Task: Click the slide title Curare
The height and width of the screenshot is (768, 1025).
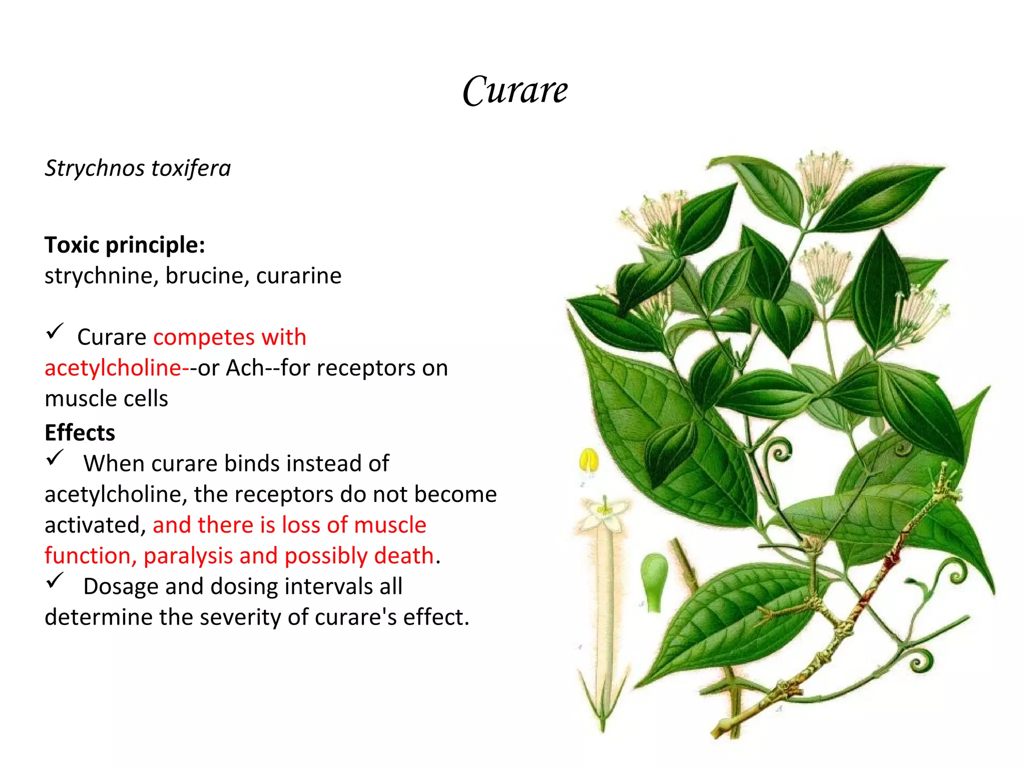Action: pyautogui.click(x=515, y=90)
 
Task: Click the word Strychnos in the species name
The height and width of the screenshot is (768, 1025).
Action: pyautogui.click(x=95, y=168)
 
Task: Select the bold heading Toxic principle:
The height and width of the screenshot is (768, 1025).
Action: pyautogui.click(x=125, y=245)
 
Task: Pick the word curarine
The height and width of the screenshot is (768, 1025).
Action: pyautogui.click(x=299, y=276)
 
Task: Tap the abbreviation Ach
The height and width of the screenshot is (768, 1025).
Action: pyautogui.click(x=245, y=368)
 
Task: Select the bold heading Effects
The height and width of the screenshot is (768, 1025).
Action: pyautogui.click(x=80, y=433)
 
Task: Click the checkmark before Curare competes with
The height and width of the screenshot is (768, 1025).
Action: pyautogui.click(x=55, y=331)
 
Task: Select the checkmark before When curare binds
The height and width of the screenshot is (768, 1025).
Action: pyautogui.click(x=55, y=457)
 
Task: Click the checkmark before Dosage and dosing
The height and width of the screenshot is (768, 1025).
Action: pyautogui.click(x=55, y=580)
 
